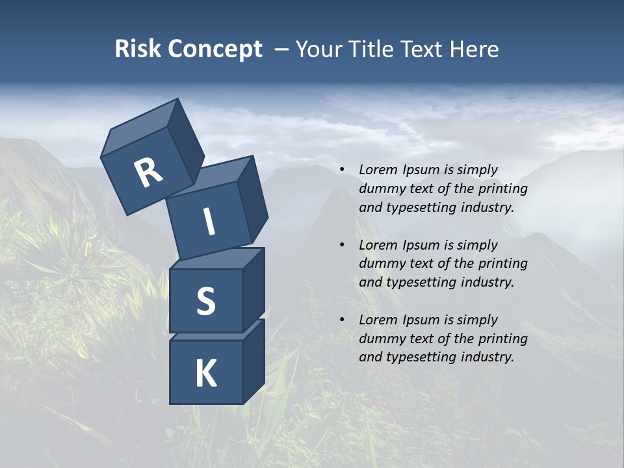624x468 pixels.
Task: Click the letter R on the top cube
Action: [x=148, y=172]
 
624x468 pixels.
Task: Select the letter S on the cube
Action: [x=205, y=301]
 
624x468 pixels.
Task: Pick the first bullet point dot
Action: [x=342, y=170]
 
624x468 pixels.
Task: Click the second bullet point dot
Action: [x=342, y=245]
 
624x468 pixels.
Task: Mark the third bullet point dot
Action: [x=342, y=320]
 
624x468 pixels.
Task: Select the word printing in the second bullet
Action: [x=503, y=263]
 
